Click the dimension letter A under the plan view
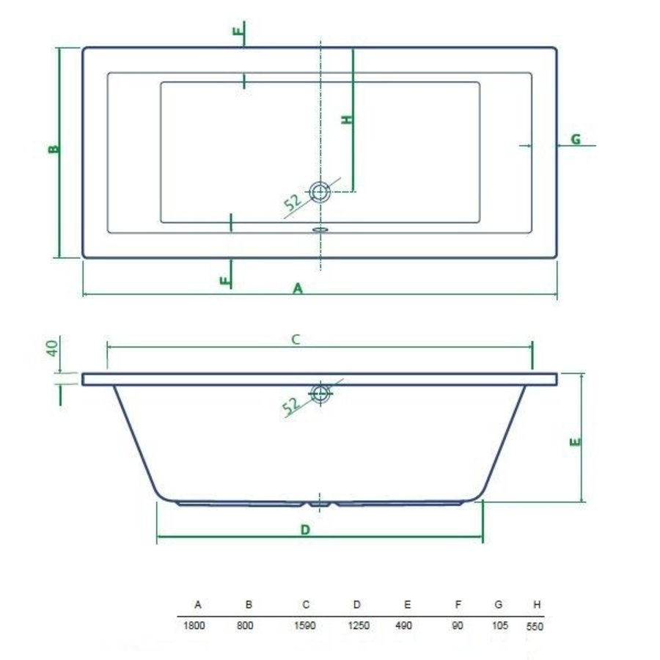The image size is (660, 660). tap(298, 289)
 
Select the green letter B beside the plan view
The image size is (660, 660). tap(53, 150)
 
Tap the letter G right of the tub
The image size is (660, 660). tap(576, 139)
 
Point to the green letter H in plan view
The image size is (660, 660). tap(347, 119)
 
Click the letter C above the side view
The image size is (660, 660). tap(296, 339)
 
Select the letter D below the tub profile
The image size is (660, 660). tap(306, 529)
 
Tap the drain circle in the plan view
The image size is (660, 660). tap(320, 192)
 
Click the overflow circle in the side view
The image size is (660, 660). tap(320, 392)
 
